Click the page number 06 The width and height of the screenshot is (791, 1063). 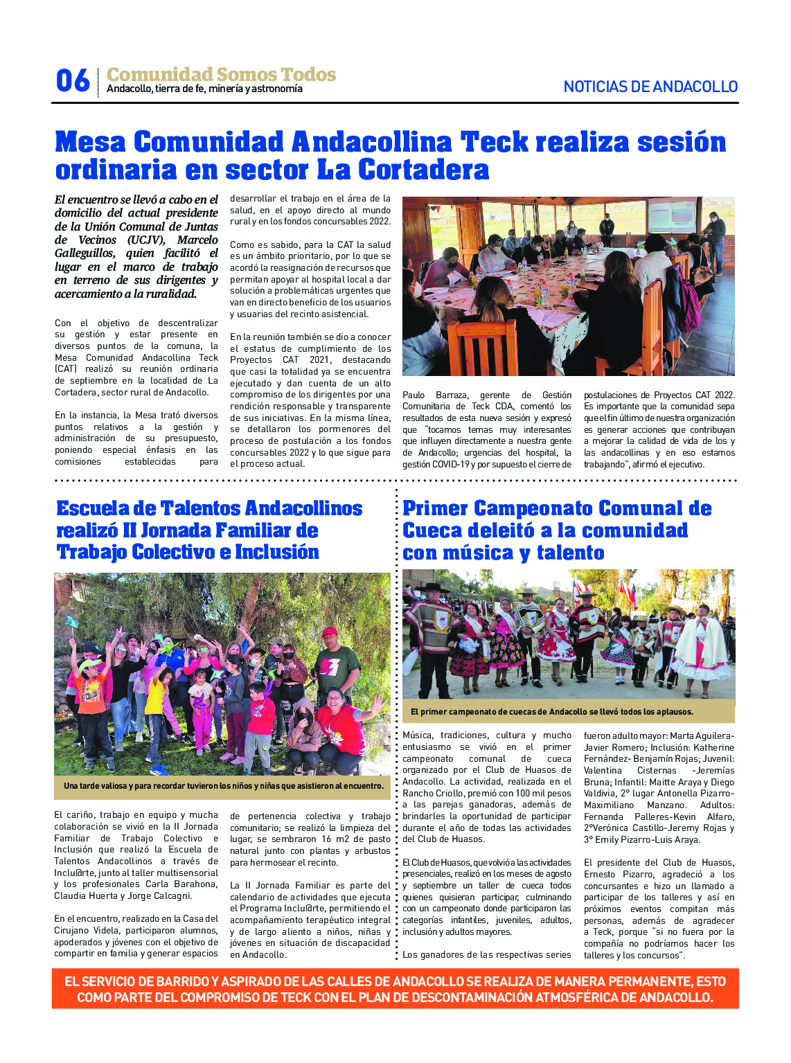[x=73, y=81]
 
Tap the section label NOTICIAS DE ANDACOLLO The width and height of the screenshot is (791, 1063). [x=650, y=87]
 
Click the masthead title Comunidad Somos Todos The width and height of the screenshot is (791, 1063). [x=221, y=74]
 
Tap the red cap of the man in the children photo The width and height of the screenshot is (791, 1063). [x=330, y=632]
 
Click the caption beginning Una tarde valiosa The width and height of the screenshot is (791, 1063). [x=223, y=786]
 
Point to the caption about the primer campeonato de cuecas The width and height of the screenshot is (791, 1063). [x=551, y=712]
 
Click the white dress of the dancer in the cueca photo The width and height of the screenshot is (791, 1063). [x=702, y=647]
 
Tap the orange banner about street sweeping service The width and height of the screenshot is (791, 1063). [x=395, y=989]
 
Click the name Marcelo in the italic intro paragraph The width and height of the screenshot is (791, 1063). [x=197, y=240]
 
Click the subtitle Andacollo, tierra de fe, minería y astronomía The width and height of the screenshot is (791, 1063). [x=204, y=89]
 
